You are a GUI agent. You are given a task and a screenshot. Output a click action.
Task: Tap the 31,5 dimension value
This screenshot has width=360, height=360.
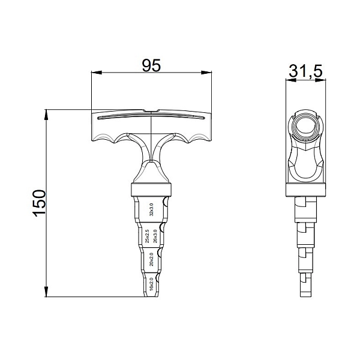click(305, 71)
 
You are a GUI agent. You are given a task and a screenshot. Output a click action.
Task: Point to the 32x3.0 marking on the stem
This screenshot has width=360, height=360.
click(151, 210)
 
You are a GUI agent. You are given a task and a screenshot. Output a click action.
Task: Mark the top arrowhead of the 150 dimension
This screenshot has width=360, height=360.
click(47, 113)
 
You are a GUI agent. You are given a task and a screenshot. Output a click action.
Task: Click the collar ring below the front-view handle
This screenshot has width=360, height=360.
click(151, 191)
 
